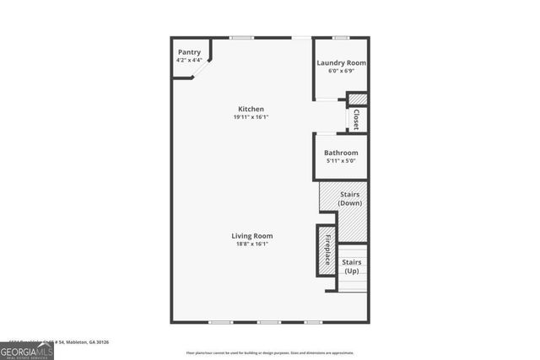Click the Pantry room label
188,52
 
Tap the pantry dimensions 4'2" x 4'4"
188,60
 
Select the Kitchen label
251,109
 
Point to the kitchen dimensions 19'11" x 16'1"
251,117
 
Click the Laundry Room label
341,63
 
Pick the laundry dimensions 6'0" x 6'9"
341,71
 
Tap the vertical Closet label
357,119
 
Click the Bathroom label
341,153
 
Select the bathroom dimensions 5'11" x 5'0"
341,160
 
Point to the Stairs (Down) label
349,199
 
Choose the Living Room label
253,236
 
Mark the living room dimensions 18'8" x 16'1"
253,244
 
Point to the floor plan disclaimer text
270,352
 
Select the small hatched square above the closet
358,99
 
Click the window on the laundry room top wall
341,38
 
